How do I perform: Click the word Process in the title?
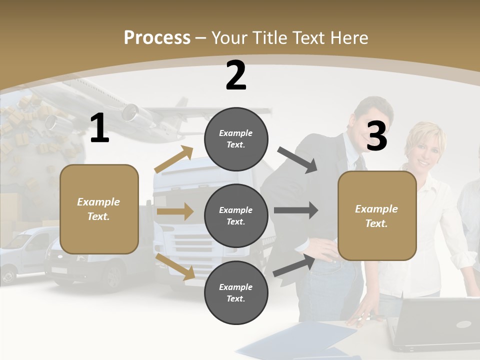[157, 38]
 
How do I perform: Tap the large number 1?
[99, 128]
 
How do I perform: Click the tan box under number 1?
[99, 209]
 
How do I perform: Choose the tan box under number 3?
[377, 216]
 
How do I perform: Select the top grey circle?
[236, 139]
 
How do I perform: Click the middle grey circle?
[236, 215]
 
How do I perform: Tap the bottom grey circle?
[236, 292]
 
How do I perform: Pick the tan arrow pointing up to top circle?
[174, 159]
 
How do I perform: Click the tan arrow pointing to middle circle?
[174, 211]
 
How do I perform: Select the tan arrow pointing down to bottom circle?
[175, 266]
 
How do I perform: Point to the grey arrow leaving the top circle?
[297, 159]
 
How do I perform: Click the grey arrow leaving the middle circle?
[295, 210]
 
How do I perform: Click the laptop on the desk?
[435, 323]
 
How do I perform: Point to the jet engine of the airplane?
[131, 112]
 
